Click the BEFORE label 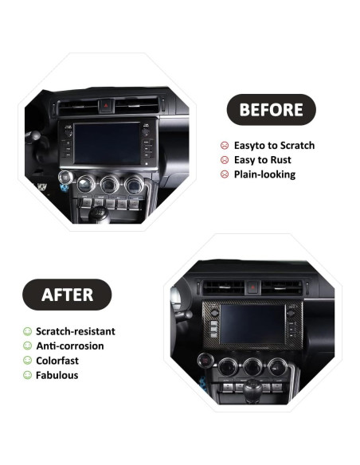pos(271,110)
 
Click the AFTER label pos(67,295)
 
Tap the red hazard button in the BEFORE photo pos(107,104)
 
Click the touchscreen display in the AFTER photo pos(254,323)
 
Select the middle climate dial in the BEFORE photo pos(109,186)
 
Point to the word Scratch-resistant pos(76,331)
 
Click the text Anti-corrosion pos(70,346)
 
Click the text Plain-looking pos(264,174)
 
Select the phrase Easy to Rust pos(262,160)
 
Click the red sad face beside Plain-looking pos(225,174)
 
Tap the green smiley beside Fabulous pos(28,375)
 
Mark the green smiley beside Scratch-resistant pos(28,331)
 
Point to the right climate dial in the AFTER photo pos(276,365)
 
